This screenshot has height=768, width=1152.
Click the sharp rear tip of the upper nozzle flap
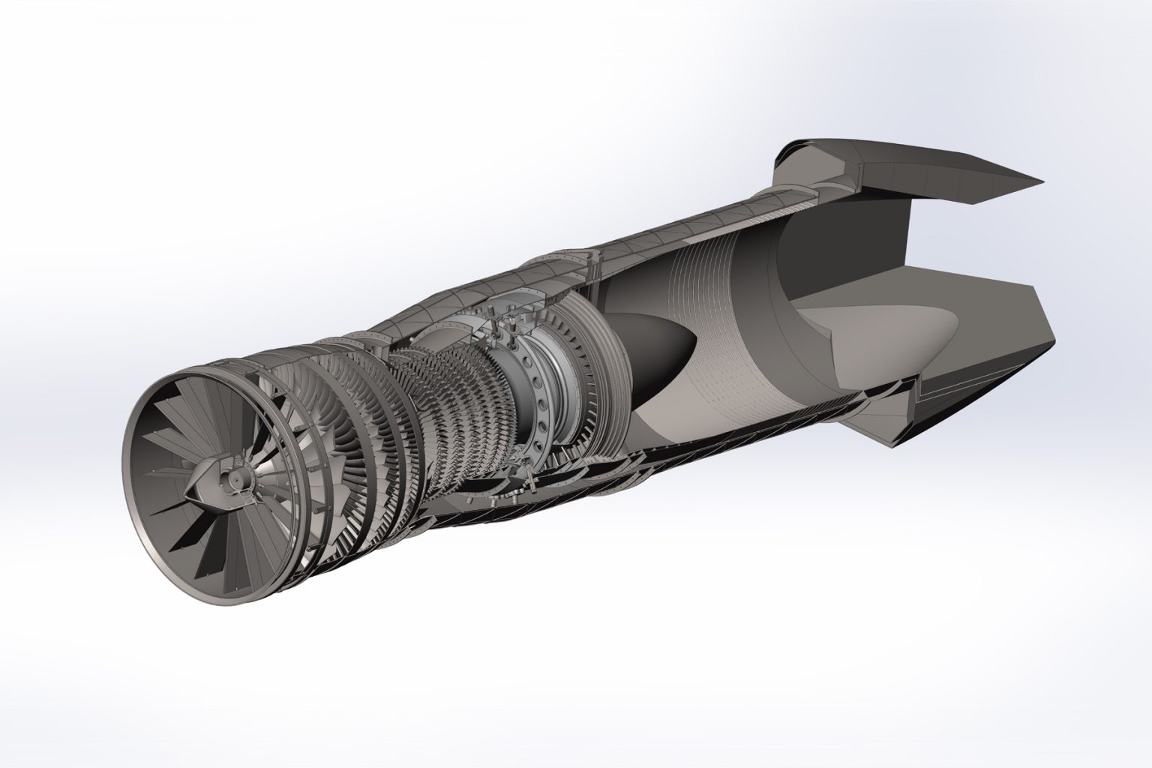1041,182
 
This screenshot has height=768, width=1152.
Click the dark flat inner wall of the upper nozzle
840,247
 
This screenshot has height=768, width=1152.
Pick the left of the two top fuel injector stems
496,328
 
